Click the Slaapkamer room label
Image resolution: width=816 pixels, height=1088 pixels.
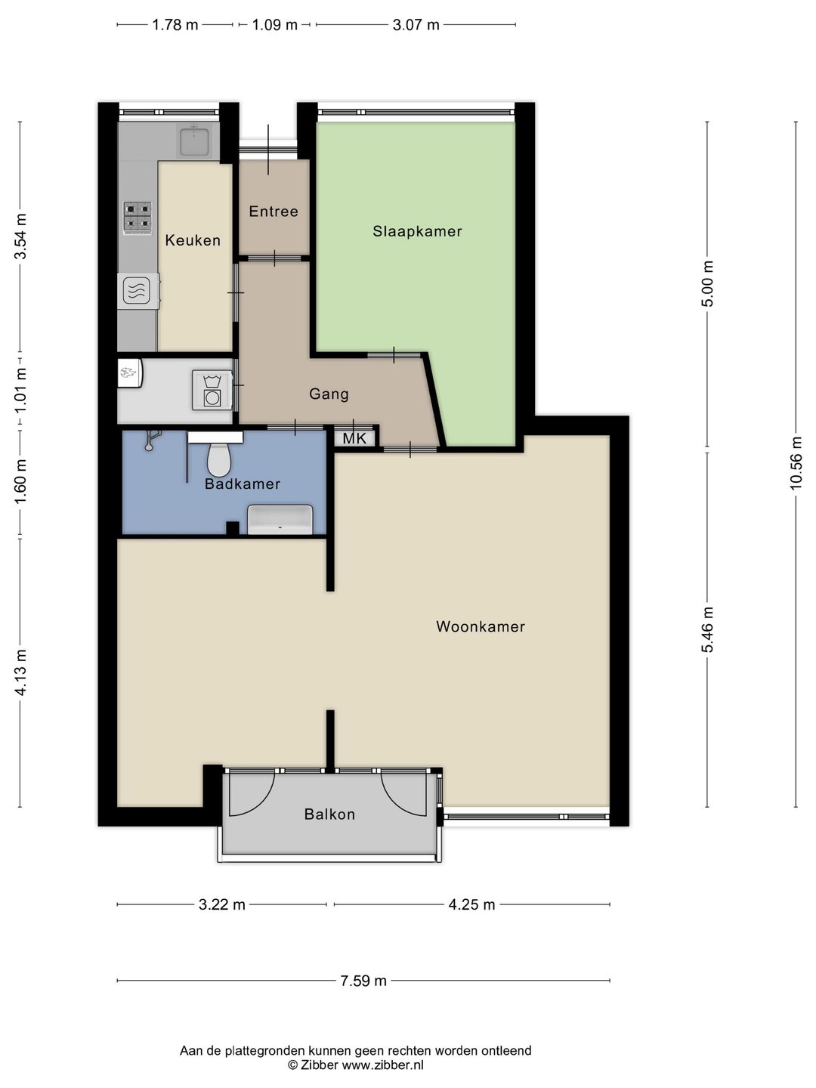417,231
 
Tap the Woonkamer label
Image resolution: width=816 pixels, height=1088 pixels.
480,626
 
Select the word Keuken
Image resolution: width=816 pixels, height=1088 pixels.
193,240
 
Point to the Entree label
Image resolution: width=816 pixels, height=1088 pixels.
274,212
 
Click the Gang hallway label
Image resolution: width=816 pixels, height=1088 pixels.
329,394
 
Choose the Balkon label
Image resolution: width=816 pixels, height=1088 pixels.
329,814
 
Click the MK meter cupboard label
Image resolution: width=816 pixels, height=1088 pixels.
355,438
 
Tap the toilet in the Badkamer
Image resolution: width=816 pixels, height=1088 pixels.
218,459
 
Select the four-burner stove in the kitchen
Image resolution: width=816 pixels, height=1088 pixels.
138,218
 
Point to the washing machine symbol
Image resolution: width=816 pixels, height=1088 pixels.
212,391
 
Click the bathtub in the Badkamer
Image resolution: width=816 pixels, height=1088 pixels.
280,520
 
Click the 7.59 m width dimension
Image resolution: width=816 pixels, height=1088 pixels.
363,981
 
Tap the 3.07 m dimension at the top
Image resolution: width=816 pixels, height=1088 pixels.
416,25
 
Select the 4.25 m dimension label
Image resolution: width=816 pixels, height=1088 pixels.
471,904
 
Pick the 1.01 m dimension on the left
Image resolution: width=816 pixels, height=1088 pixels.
20,391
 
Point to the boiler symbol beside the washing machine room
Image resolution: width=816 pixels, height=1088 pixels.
130,372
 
